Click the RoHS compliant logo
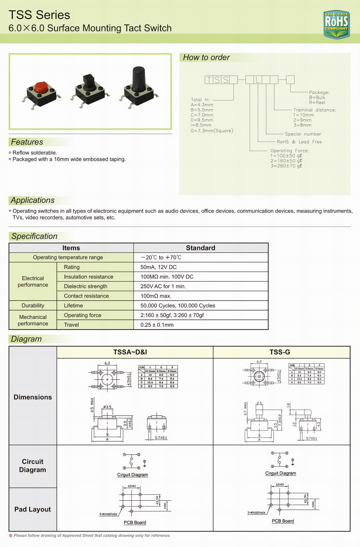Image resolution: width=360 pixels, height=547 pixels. (336, 24)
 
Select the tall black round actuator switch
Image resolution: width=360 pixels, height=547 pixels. (139, 80)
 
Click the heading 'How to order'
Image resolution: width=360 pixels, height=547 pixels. (206, 57)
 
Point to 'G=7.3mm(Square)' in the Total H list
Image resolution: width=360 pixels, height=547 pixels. (212, 131)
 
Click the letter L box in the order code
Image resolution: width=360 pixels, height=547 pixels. (258, 80)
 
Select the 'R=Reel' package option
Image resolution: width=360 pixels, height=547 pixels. (317, 103)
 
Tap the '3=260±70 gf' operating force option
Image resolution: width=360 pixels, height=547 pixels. (286, 166)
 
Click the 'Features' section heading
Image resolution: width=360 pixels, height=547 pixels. (27, 142)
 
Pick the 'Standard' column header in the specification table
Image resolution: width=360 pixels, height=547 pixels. (200, 248)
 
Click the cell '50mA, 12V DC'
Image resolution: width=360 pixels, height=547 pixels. (159, 267)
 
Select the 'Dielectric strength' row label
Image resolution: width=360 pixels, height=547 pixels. (85, 286)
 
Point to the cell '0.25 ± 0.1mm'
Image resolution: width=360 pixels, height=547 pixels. (157, 325)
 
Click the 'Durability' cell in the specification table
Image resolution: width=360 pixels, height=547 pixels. (33, 306)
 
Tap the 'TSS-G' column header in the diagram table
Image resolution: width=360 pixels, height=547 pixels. (280, 352)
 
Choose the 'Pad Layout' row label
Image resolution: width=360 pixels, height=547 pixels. (33, 509)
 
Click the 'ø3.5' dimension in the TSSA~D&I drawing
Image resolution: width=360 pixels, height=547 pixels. (107, 407)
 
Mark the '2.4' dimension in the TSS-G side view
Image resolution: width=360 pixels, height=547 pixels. (259, 403)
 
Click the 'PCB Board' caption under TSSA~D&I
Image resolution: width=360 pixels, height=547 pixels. (135, 522)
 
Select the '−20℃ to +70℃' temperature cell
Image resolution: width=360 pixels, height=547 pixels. (161, 258)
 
